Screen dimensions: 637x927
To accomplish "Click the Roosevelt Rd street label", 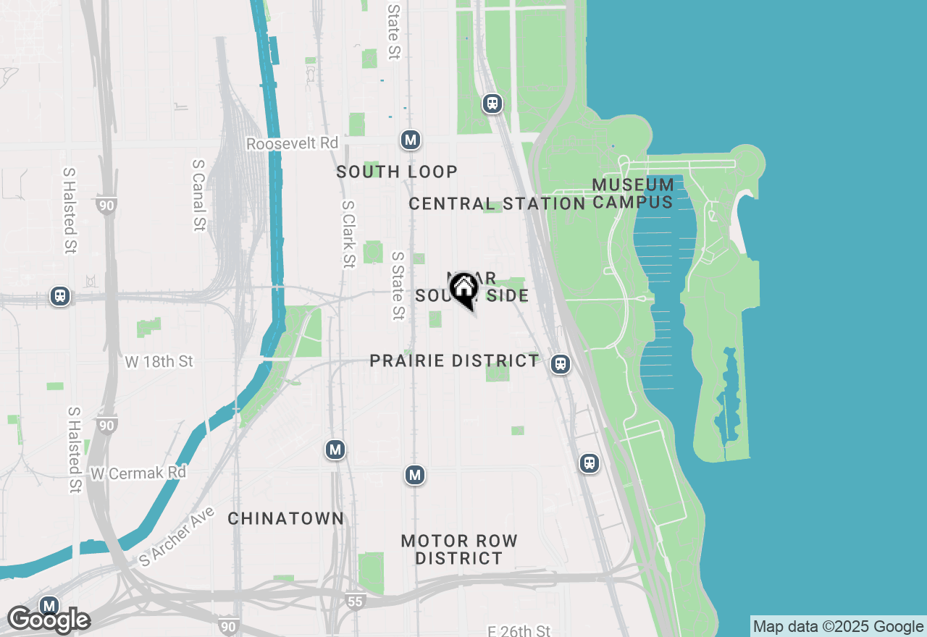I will click(x=292, y=143).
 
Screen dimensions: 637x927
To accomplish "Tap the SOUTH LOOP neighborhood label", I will click(x=397, y=172).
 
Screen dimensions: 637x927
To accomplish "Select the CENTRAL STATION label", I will click(x=497, y=204).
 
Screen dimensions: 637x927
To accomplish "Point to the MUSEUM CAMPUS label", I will click(x=634, y=193).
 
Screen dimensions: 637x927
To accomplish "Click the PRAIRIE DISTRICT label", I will click(x=454, y=360).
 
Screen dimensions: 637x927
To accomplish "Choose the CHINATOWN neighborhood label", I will click(x=286, y=518).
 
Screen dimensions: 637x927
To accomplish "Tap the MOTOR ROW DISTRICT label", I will click(x=459, y=549).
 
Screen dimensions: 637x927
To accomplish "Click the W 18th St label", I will click(x=159, y=361).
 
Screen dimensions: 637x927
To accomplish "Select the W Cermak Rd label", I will click(x=138, y=473).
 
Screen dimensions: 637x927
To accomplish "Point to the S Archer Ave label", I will click(x=177, y=536).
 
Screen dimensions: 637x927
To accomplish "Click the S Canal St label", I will click(x=198, y=195).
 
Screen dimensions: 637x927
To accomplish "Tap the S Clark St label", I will click(x=348, y=233).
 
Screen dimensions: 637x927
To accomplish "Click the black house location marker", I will click(x=463, y=290).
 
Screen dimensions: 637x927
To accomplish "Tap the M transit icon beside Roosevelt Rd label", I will click(x=411, y=140).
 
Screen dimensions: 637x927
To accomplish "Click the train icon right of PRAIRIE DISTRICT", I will click(x=560, y=364).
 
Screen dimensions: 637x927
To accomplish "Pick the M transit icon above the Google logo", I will click(x=49, y=606).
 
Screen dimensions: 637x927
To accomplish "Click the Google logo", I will click(x=49, y=621).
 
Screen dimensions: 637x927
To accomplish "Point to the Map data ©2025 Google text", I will click(x=838, y=627).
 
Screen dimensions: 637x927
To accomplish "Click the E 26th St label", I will click(x=519, y=631).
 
